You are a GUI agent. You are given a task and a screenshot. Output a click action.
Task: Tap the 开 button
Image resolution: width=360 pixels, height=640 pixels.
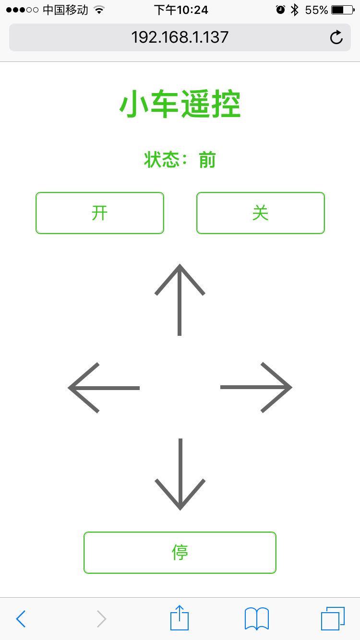click(100, 213)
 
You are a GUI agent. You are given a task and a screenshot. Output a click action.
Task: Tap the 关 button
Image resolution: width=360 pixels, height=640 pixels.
click(261, 213)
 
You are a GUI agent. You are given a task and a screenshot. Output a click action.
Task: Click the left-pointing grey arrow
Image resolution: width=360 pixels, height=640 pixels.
click(104, 388)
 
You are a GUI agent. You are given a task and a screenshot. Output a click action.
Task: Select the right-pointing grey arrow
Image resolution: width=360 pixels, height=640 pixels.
click(256, 387)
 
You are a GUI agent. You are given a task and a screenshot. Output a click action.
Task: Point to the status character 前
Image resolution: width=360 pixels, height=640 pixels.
click(207, 160)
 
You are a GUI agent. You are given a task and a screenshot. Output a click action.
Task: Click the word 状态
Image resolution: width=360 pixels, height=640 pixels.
click(161, 160)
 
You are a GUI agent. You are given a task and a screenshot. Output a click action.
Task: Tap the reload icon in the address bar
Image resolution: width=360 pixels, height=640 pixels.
click(336, 37)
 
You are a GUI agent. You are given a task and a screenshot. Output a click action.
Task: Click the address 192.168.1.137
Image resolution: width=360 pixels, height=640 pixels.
click(180, 37)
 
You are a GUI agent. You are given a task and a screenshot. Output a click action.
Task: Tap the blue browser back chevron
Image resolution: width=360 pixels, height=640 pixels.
click(21, 619)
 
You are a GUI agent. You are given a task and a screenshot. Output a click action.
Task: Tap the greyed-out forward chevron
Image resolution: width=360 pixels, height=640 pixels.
click(101, 619)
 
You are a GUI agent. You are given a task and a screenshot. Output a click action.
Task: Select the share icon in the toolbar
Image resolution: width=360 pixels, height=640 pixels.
click(180, 618)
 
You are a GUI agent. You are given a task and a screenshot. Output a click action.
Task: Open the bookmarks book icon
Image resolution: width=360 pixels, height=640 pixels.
click(257, 619)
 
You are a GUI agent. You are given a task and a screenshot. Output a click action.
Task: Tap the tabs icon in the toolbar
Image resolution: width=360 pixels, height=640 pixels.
click(333, 618)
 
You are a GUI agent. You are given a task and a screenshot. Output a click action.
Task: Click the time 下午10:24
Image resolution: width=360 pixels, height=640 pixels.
click(181, 10)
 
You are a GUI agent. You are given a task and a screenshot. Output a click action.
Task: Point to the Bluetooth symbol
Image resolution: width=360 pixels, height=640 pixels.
click(295, 10)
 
